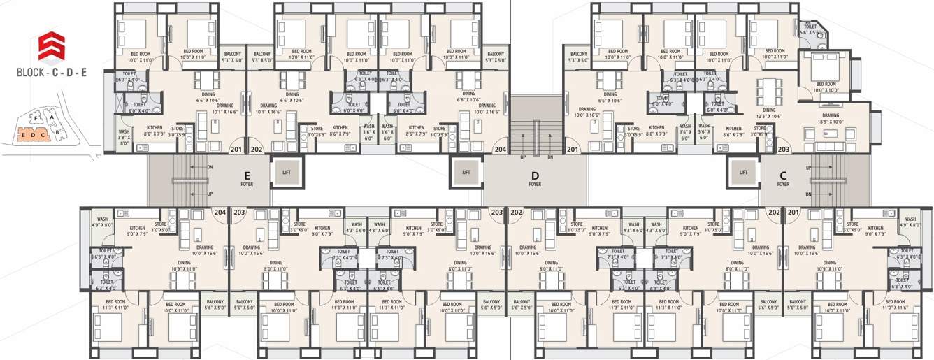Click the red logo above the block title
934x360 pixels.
[x=48, y=46]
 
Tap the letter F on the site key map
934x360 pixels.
[x=36, y=119]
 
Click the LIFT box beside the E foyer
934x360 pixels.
[x=286, y=172]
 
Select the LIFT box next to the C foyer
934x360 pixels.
[x=743, y=172]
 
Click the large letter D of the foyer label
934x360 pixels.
[x=535, y=174]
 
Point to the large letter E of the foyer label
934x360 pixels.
[x=247, y=174]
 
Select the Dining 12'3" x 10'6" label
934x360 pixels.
[x=769, y=113]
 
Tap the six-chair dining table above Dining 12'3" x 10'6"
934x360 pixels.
[x=769, y=90]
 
